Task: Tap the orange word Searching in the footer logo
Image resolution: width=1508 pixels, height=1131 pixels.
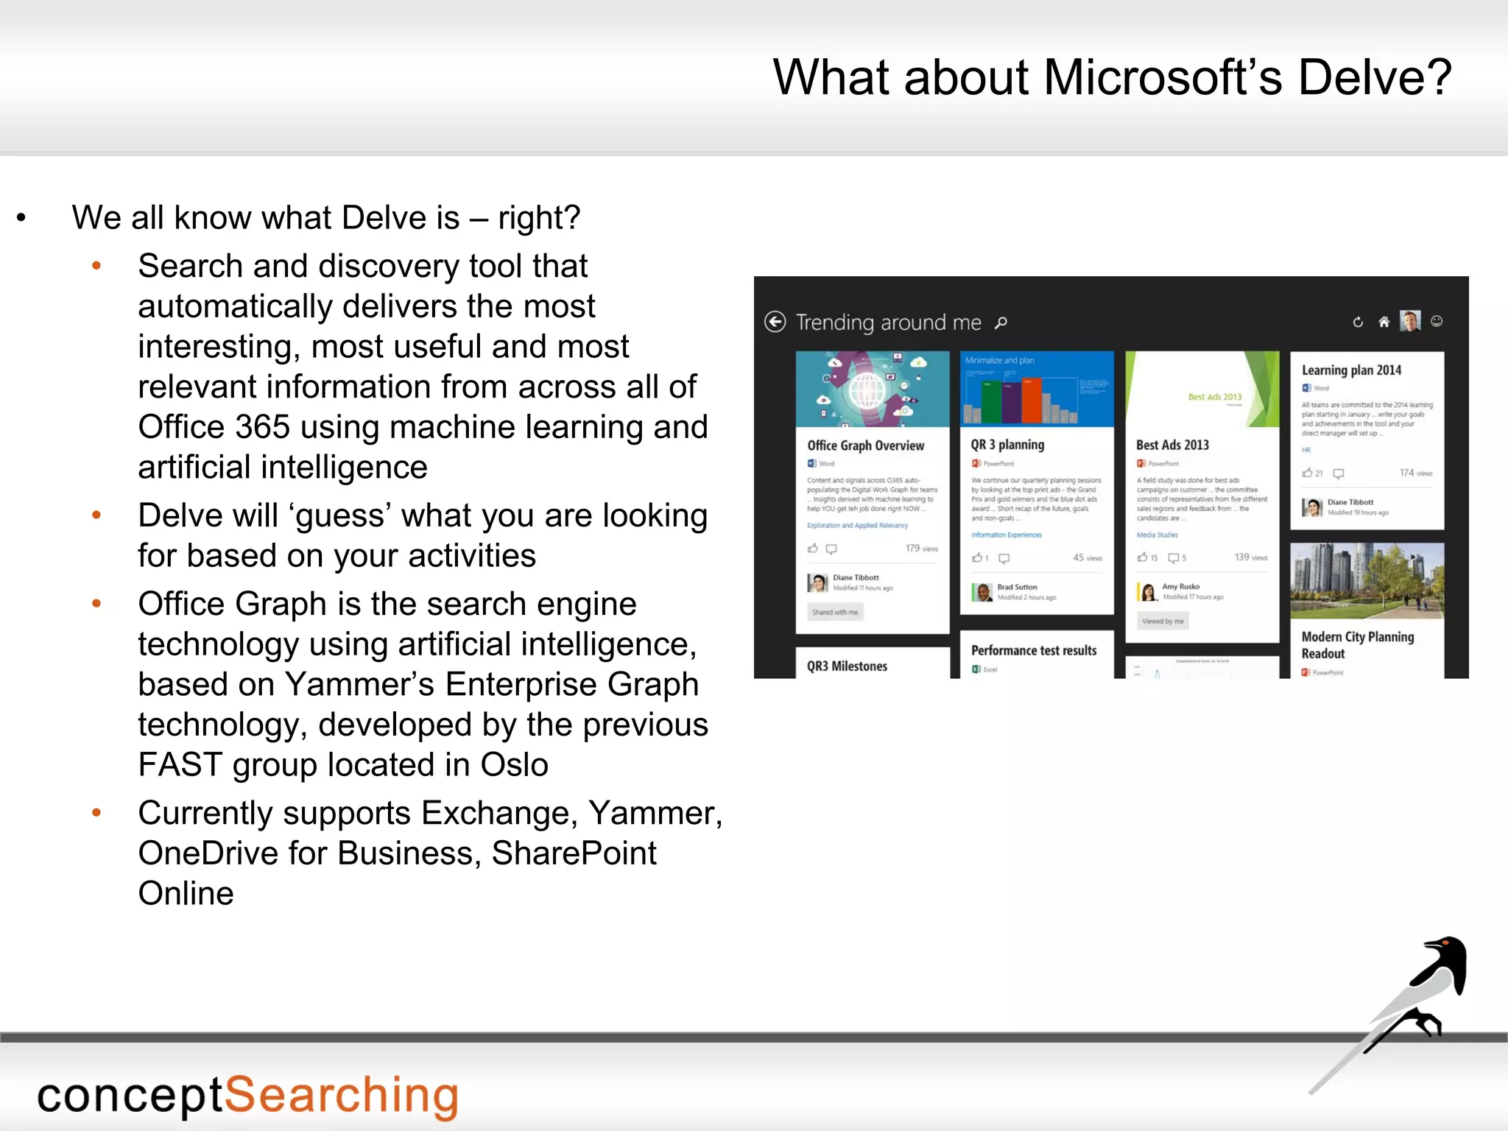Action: (x=341, y=1096)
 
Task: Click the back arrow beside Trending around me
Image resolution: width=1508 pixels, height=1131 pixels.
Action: (x=775, y=322)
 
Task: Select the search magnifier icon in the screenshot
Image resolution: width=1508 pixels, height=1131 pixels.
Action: (x=1001, y=323)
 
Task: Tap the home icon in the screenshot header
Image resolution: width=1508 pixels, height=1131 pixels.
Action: (x=1384, y=322)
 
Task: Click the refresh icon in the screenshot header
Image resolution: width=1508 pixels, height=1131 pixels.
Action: (x=1358, y=322)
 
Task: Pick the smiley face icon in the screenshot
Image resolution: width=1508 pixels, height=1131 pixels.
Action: (x=1437, y=321)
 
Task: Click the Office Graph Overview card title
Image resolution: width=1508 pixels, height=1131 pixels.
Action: (x=865, y=445)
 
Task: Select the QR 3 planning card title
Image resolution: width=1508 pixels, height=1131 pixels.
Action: (x=1007, y=445)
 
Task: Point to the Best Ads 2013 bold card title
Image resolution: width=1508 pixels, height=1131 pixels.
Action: (x=1172, y=445)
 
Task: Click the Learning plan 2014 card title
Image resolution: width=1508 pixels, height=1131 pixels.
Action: (x=1351, y=370)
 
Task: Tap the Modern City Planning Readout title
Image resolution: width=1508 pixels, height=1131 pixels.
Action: (x=1357, y=645)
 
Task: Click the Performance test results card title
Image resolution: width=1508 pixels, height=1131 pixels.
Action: (x=1033, y=651)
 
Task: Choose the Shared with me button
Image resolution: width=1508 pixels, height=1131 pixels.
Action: (x=835, y=612)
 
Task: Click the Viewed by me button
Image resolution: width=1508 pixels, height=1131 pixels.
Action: (x=1163, y=621)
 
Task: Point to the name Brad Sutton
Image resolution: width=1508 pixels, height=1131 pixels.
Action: (x=1017, y=587)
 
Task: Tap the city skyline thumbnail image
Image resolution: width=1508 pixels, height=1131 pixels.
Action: (x=1367, y=581)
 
